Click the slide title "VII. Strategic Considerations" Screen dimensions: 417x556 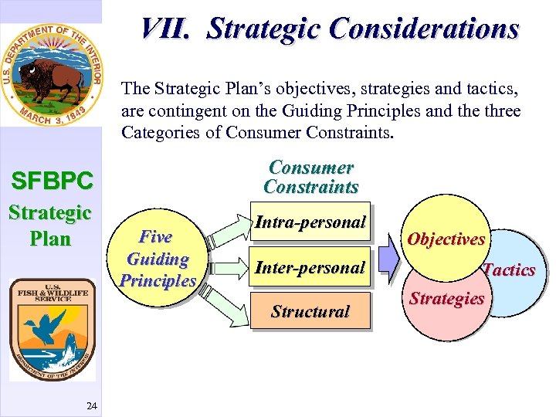point(330,29)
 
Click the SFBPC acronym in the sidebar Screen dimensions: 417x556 point(51,181)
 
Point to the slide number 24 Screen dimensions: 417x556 point(91,405)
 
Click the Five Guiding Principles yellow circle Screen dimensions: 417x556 point(158,259)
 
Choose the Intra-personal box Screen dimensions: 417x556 point(310,222)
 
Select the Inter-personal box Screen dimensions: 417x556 point(310,268)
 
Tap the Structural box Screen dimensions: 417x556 point(310,312)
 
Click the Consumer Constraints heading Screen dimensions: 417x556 point(310,177)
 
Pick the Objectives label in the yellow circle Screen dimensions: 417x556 point(446,239)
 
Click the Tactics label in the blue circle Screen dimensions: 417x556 point(509,270)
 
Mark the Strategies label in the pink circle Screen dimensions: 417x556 point(447,298)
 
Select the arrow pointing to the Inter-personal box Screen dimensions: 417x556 point(225,268)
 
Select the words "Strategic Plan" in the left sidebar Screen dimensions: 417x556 point(50,225)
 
